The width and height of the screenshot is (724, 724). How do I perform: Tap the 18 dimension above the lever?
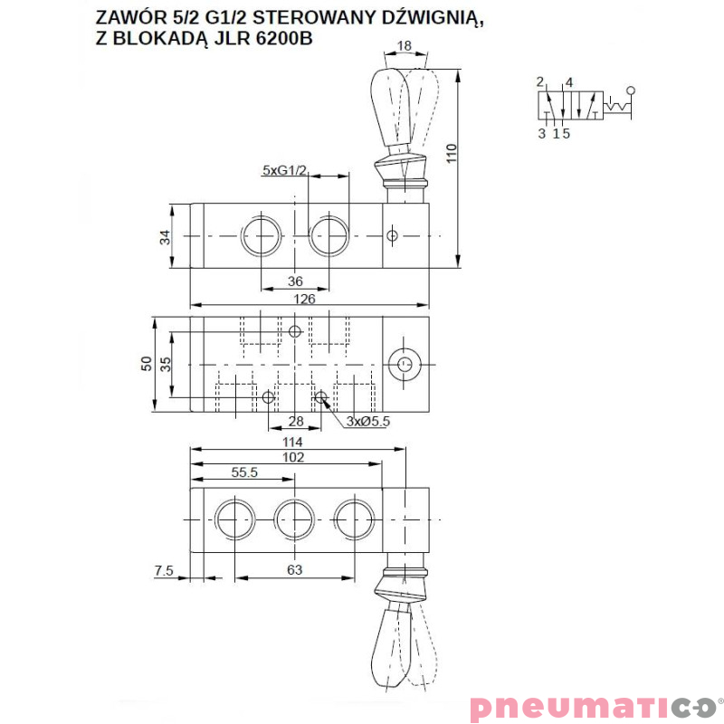point(405,46)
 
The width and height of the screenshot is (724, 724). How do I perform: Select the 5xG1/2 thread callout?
point(285,169)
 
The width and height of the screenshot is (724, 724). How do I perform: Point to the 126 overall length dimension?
point(305,299)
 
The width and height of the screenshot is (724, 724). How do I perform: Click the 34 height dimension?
point(165,237)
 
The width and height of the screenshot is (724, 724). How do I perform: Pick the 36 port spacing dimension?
point(295,281)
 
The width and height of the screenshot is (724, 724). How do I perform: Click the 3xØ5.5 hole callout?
point(367,420)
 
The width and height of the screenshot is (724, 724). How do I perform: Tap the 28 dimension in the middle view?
point(295,420)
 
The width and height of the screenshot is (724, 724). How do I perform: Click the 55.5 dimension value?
point(244,472)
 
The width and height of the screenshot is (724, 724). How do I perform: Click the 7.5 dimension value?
point(164,570)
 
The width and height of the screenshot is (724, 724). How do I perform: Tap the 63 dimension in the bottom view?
point(294,570)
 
